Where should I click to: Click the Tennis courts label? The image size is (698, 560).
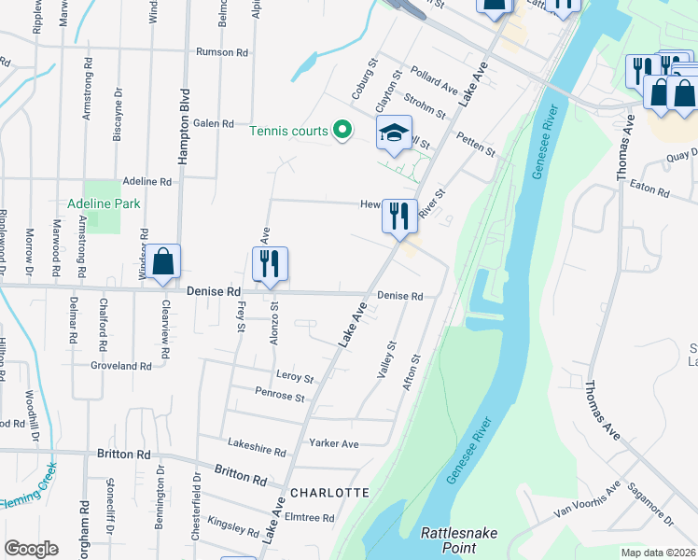(290, 130)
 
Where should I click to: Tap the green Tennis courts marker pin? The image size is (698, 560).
(342, 130)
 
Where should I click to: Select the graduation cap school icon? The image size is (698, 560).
(394, 133)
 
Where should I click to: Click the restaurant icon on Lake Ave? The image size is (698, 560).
(398, 216)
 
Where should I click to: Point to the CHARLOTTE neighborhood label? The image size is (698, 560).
(329, 492)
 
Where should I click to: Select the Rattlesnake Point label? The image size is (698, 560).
(459, 539)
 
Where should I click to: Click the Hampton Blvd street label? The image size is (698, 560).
(185, 127)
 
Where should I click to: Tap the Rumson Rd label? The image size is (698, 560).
(220, 52)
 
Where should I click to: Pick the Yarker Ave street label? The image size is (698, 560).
(336, 444)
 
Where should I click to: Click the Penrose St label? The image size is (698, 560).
(281, 398)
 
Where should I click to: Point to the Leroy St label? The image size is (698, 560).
(295, 377)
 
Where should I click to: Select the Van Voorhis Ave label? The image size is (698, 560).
(587, 500)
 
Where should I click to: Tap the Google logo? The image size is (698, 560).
(31, 549)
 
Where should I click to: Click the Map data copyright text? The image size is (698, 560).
(658, 553)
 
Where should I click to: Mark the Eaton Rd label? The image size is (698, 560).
(649, 191)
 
